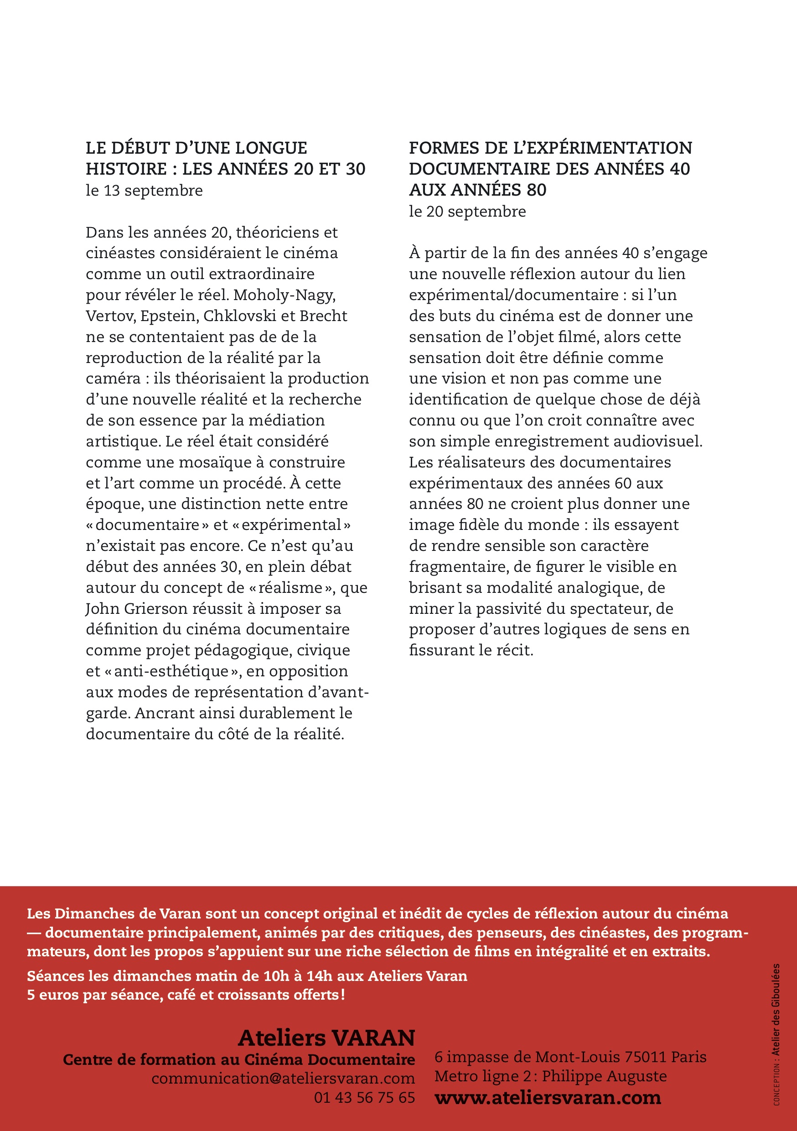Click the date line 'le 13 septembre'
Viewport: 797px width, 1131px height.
144,191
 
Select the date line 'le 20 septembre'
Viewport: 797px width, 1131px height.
467,211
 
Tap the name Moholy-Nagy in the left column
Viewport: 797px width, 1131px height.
284,295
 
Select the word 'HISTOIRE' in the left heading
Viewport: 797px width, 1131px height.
126,169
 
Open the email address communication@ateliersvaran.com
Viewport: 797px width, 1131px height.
283,1078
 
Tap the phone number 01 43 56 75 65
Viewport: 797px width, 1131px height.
364,1098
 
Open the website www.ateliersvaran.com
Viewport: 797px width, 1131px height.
547,1098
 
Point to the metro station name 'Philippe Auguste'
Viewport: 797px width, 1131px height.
604,1076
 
